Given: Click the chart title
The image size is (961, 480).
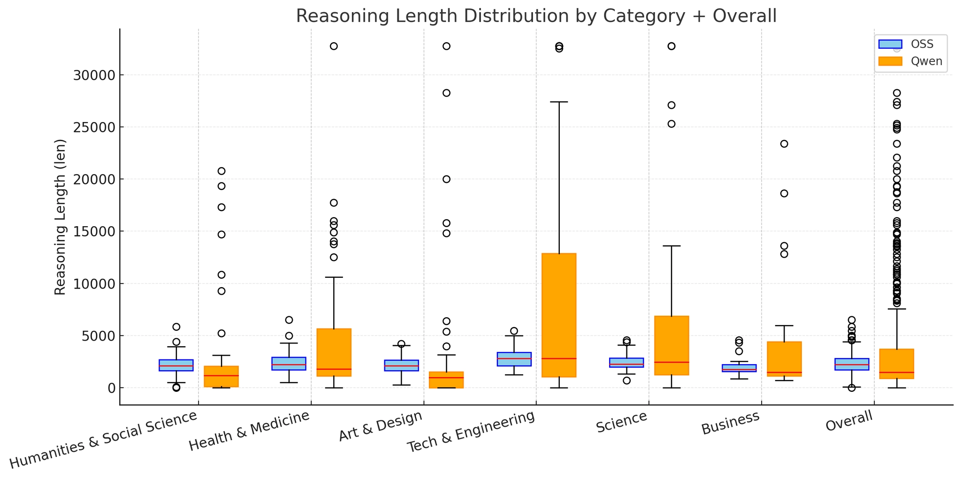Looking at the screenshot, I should [536, 16].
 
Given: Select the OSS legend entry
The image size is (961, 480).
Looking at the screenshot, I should [910, 44].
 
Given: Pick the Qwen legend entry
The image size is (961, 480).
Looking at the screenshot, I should [910, 61].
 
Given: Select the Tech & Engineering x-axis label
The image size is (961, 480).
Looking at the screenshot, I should [471, 432].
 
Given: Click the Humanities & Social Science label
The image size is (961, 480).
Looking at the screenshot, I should [104, 439].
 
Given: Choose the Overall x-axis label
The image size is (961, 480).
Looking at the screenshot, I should [850, 420].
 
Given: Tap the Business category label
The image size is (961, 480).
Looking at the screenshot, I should [731, 423].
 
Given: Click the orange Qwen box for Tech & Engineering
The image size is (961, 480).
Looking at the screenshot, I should [559, 315].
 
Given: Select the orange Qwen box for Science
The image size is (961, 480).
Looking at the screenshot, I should [671, 345].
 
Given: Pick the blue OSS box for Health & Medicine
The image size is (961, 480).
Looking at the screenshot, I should [289, 364].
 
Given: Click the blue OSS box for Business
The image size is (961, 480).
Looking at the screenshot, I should [739, 368].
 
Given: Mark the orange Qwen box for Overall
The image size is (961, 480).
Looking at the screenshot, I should [897, 364].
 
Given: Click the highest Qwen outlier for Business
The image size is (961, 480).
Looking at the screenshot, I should [784, 144].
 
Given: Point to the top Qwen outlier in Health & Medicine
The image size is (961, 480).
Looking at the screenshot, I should [334, 46].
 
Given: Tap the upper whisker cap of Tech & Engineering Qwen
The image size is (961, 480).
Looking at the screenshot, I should [559, 102].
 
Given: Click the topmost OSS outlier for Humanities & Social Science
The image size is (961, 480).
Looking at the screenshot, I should [176, 327].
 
